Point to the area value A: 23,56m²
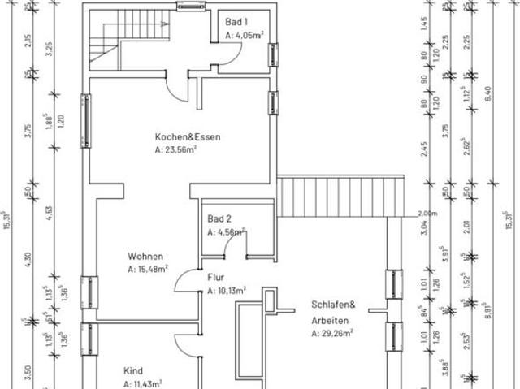(x=177, y=150)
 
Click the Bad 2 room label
(x=220, y=219)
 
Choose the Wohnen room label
(x=145, y=256)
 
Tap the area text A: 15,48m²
(x=148, y=269)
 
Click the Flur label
(x=215, y=277)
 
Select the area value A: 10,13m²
(x=227, y=290)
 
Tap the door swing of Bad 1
(x=234, y=55)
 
